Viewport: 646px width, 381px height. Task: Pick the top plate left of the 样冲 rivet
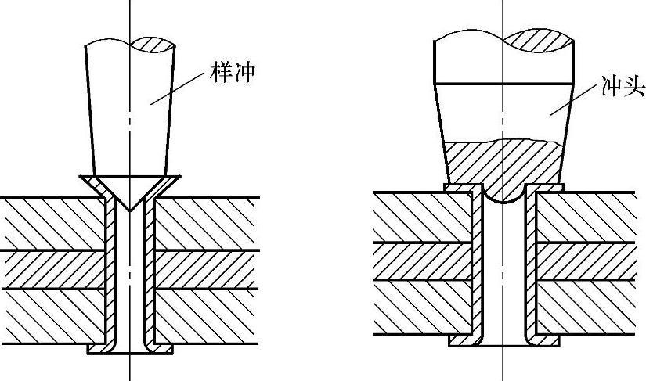pyautogui.click(x=55, y=223)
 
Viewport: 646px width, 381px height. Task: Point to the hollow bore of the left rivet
pyautogui.click(x=130, y=274)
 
